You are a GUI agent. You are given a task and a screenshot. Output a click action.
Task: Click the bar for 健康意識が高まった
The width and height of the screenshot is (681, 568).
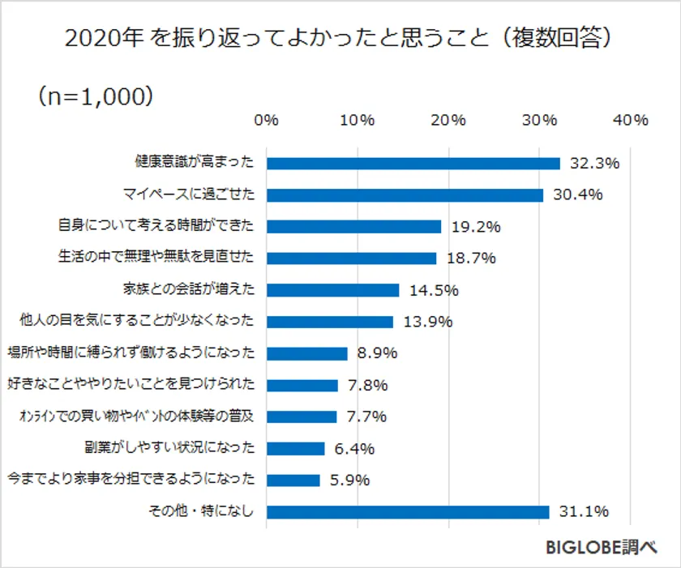click(413, 163)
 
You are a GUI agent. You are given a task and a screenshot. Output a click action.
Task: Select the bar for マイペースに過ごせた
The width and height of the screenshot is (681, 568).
click(405, 194)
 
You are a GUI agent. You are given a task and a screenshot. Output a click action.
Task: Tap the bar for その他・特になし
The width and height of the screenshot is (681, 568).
click(408, 511)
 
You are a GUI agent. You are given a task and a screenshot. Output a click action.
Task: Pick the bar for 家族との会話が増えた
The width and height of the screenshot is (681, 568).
click(333, 290)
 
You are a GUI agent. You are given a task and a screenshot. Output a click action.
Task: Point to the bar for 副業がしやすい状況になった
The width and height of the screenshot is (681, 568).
click(296, 448)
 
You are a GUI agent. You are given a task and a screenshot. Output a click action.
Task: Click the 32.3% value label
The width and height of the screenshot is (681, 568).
click(594, 163)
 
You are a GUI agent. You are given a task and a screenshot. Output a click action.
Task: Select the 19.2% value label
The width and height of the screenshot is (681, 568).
click(475, 227)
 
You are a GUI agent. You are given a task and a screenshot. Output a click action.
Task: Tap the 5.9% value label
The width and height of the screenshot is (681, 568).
click(349, 480)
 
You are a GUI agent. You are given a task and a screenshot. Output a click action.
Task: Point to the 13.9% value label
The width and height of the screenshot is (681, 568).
click(427, 322)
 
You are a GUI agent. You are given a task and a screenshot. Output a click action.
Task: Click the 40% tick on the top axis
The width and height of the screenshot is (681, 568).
click(631, 120)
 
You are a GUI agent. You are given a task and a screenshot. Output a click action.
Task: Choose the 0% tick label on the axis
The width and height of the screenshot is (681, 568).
click(267, 120)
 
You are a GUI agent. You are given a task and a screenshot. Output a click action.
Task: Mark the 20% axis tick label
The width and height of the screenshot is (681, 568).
click(448, 120)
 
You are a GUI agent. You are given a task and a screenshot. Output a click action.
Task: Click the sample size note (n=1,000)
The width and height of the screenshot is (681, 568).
click(95, 96)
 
